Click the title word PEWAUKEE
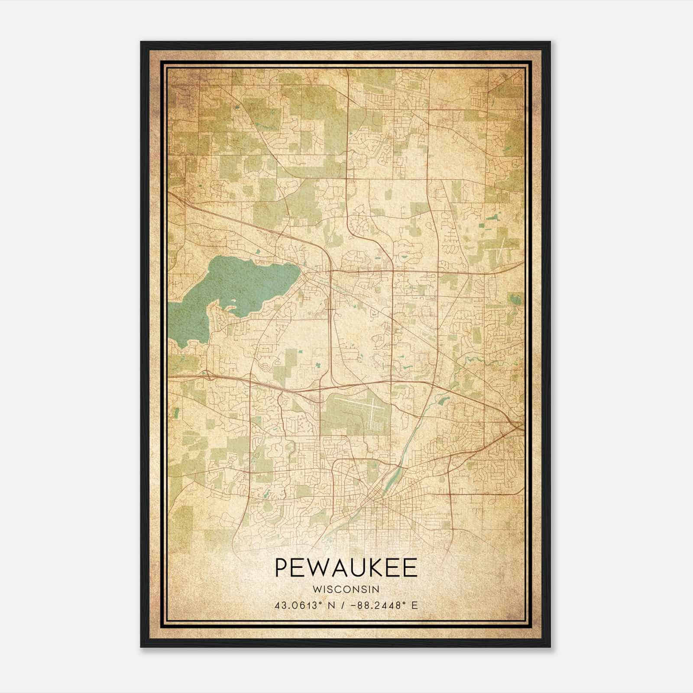346,568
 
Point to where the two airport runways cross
372,412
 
